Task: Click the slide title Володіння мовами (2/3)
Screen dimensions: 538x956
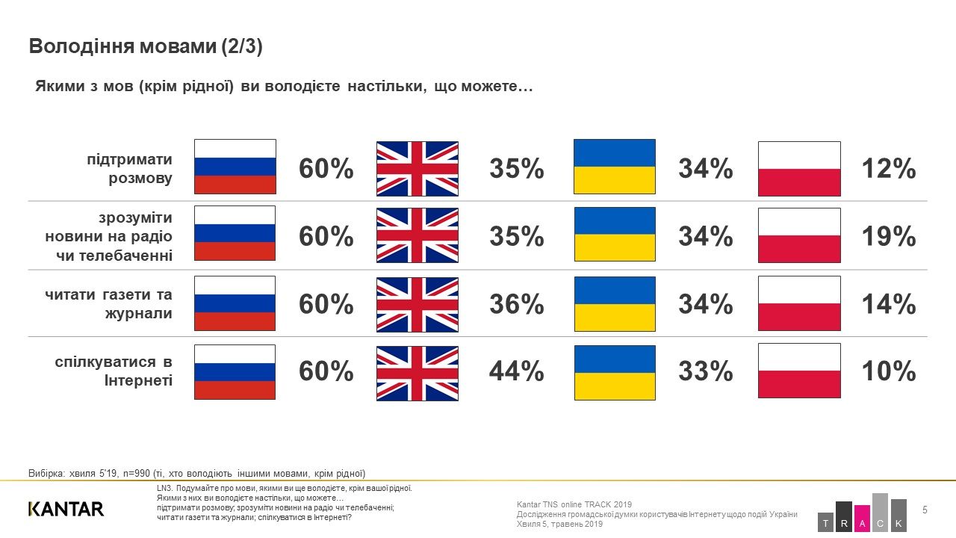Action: click(146, 46)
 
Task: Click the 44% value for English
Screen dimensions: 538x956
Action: click(516, 371)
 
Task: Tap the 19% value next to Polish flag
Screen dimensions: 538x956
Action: click(888, 237)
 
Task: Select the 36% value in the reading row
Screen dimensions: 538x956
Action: click(516, 304)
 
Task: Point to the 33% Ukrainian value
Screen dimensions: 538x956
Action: click(705, 371)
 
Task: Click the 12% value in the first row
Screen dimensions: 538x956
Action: click(888, 170)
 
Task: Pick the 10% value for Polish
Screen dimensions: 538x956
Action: click(888, 371)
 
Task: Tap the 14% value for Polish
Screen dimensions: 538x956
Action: click(888, 304)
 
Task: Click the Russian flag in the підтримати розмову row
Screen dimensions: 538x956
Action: click(235, 167)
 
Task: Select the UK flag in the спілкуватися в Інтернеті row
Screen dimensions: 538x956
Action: click(417, 373)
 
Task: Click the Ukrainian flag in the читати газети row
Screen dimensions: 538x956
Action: click(614, 304)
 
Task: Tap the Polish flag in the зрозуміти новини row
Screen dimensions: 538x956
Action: click(799, 235)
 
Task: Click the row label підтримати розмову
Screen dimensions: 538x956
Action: click(129, 169)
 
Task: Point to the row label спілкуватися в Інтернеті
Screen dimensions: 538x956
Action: click(114, 371)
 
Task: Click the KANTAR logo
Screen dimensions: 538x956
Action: click(66, 509)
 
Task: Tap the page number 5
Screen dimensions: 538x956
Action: click(925, 510)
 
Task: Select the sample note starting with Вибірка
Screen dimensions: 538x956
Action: click(196, 473)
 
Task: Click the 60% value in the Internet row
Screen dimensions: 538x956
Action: click(326, 371)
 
